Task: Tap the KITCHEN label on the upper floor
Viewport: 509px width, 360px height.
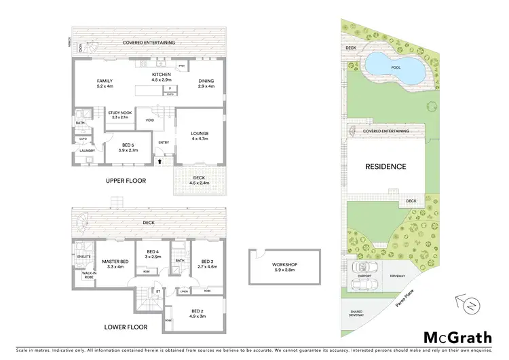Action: coord(161,74)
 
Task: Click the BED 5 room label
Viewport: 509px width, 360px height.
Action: coord(129,145)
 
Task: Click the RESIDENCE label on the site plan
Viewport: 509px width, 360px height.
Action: coord(385,166)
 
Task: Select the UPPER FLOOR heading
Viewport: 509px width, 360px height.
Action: coord(126,181)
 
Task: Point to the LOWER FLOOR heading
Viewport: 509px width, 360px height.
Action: coord(126,326)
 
